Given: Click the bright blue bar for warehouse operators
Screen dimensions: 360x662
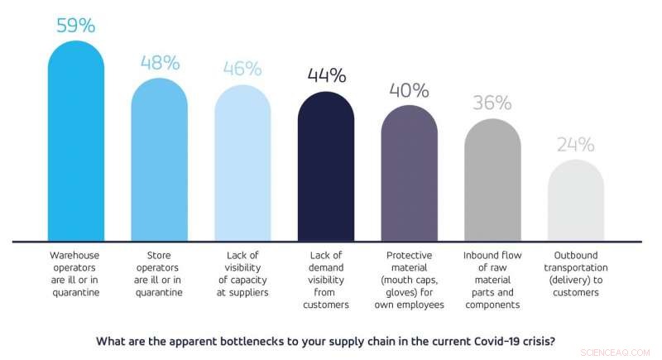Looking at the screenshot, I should [x=76, y=145].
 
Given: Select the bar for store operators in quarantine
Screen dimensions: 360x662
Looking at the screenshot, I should [x=160, y=161].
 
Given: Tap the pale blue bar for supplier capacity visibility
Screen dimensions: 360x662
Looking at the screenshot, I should [x=242, y=166].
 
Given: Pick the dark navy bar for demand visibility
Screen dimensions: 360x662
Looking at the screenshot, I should [x=326, y=170].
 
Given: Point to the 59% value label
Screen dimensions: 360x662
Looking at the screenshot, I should [x=76, y=25].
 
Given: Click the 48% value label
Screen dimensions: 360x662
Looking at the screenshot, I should [x=160, y=64].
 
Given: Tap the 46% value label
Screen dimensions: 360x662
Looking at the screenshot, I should [x=242, y=69].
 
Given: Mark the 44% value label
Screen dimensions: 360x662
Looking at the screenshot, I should [x=326, y=75].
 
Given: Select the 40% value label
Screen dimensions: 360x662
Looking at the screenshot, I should [x=410, y=89].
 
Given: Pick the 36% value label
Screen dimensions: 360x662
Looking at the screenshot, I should [x=492, y=103].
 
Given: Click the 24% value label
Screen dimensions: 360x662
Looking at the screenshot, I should [x=576, y=145].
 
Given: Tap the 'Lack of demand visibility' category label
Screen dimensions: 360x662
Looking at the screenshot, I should [x=326, y=280].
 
